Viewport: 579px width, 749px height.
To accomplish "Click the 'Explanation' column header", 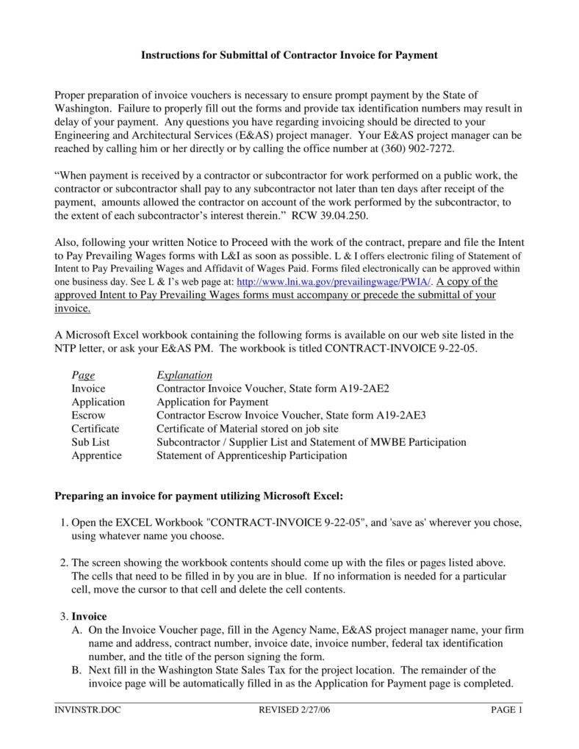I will click(184, 375).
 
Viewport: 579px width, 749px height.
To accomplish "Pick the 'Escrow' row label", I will click(88, 416).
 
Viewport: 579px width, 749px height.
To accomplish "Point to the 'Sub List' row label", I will click(90, 442).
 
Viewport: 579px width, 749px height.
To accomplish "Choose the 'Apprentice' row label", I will click(96, 455).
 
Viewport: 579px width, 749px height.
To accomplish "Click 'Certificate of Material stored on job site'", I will click(248, 429).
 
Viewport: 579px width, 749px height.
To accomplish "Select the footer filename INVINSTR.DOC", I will click(87, 709).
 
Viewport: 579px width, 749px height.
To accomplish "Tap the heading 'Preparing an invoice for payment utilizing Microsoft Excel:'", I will click(198, 496).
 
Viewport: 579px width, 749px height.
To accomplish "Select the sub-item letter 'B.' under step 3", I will click(76, 670).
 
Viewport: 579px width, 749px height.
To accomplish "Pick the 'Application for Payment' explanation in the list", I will click(212, 402).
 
